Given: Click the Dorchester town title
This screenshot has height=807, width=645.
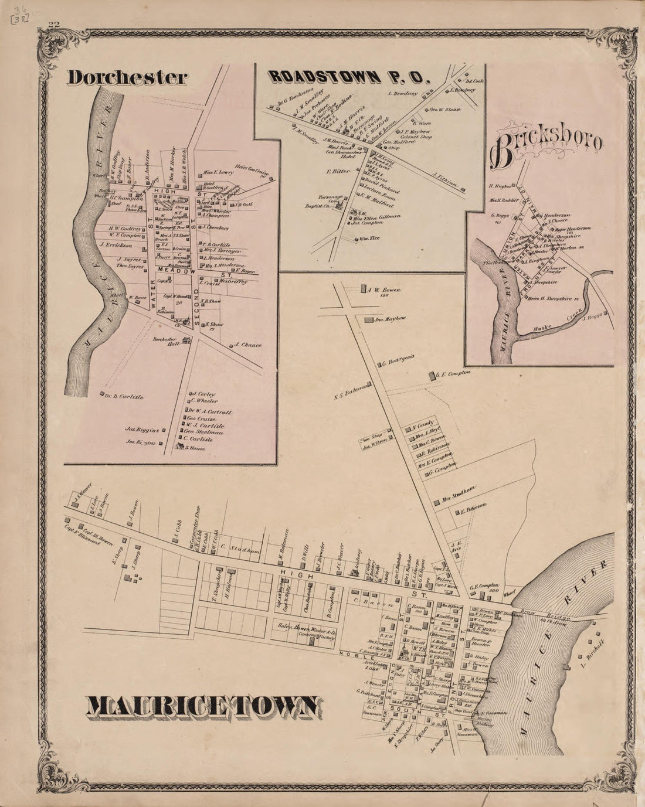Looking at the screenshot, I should point(127,78).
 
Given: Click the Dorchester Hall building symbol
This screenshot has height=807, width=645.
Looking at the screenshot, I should point(186,340).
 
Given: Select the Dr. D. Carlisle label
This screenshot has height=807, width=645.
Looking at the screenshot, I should point(124,397).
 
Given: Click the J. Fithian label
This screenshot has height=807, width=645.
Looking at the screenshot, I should point(444,183).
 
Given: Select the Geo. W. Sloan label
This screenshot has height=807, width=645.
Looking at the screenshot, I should point(445,110).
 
